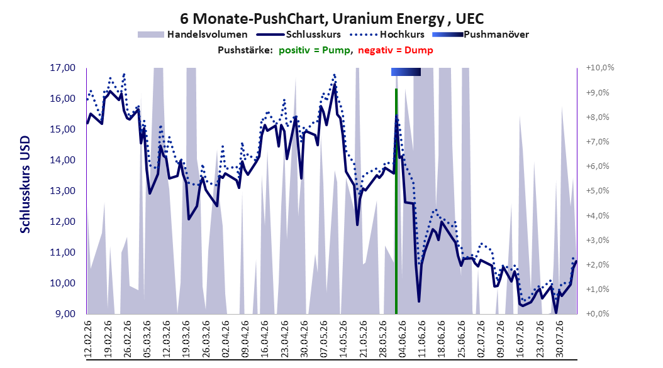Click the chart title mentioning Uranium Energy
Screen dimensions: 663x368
click(332, 19)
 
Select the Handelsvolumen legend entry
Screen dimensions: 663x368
click(192, 35)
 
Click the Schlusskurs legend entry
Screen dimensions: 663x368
click(299, 35)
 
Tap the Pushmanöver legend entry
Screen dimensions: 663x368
click(481, 35)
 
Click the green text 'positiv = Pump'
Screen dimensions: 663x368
click(315, 50)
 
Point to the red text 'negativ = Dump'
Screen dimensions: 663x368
click(396, 50)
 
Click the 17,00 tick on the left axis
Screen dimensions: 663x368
click(62, 68)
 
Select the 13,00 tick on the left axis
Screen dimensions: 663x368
click(62, 191)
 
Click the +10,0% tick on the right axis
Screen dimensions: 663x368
click(600, 68)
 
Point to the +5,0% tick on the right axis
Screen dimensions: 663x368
click(598, 191)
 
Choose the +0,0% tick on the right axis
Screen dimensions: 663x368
click(598, 313)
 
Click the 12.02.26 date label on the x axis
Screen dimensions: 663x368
click(88, 339)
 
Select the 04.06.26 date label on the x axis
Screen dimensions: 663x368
click(403, 339)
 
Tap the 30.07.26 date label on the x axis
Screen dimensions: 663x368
click(560, 339)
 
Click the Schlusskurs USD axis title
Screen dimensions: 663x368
click(25, 184)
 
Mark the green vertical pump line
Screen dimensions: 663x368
click(396, 202)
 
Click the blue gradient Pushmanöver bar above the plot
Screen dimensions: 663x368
click(406, 72)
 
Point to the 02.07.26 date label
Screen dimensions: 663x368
click(481, 339)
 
